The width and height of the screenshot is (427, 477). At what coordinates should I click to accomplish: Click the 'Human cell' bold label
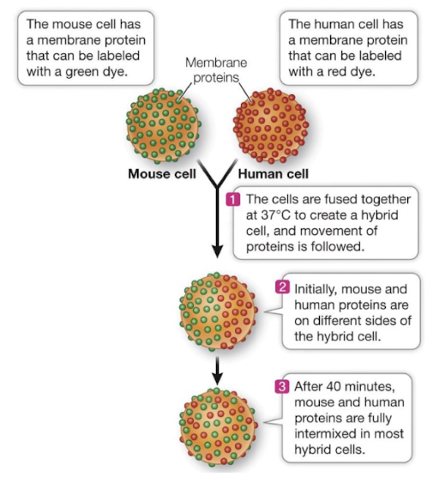pyautogui.click(x=273, y=174)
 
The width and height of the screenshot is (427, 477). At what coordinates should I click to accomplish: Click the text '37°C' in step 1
pyautogui.click(x=257, y=214)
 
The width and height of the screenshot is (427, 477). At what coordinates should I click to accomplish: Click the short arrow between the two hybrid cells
pyautogui.click(x=218, y=366)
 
